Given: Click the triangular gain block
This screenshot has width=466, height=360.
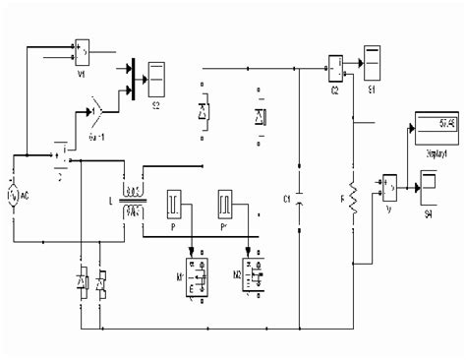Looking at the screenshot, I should pos(96,101).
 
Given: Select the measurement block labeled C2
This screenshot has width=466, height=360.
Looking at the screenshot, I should pos(335,65).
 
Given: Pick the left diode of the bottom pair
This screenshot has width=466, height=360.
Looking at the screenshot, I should pos(81,281).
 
